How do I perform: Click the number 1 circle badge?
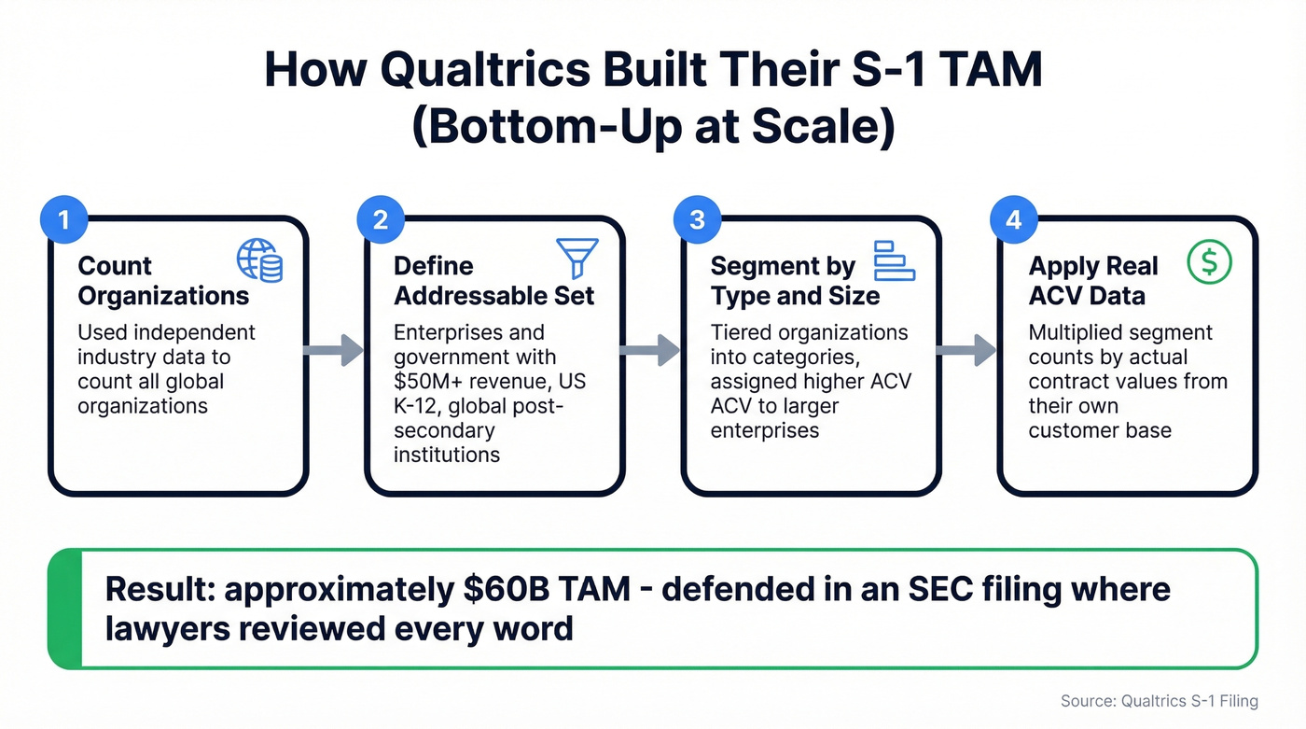[63, 220]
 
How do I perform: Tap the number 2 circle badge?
[380, 220]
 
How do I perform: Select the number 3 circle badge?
[696, 220]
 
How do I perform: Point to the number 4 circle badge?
[1013, 220]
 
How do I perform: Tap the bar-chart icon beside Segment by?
[894, 260]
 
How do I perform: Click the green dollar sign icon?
[1209, 262]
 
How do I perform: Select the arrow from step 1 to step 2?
[334, 350]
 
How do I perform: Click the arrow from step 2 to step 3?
[650, 350]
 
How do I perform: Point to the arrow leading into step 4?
[966, 350]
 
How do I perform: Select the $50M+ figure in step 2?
[425, 382]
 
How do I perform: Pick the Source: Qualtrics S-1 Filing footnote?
[1159, 701]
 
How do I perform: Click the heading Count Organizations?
[163, 281]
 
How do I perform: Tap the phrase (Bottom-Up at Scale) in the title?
[652, 128]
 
